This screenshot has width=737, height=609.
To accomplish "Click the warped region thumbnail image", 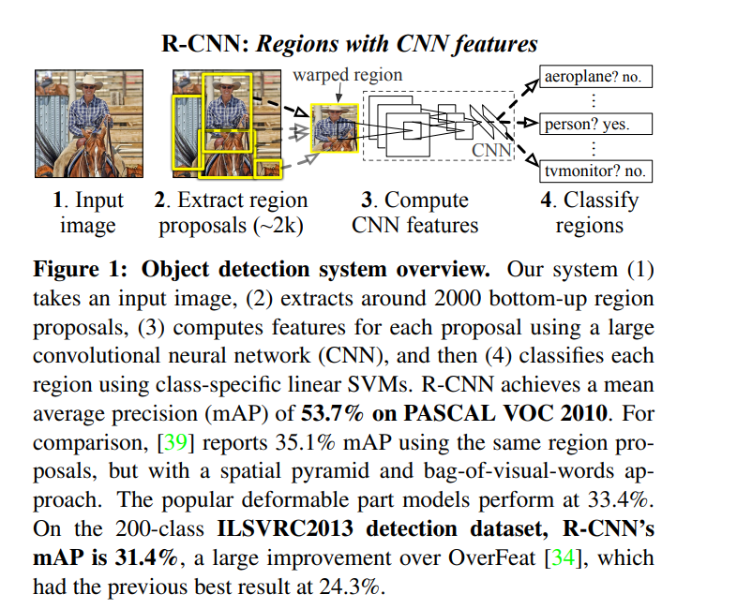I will [x=335, y=127].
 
